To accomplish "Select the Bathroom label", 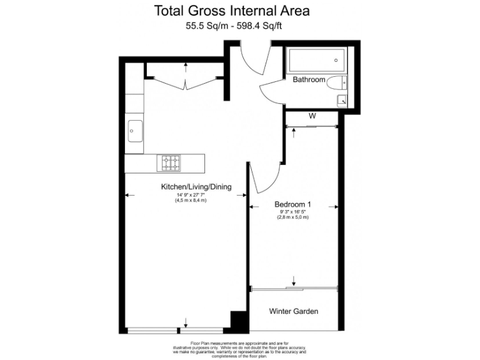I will (309, 80).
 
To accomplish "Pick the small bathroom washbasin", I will (341, 101).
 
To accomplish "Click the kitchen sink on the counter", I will (134, 131).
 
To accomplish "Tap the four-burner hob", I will (171, 163).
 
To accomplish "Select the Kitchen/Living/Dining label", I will (196, 187).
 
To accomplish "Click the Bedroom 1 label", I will (292, 204).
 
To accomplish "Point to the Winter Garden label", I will (294, 311).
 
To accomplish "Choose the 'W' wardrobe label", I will (311, 116).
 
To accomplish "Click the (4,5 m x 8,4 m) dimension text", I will (191, 201).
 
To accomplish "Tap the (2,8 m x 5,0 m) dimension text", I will (292, 217).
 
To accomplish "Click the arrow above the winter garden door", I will (294, 278).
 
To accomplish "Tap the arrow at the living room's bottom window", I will (186, 322).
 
